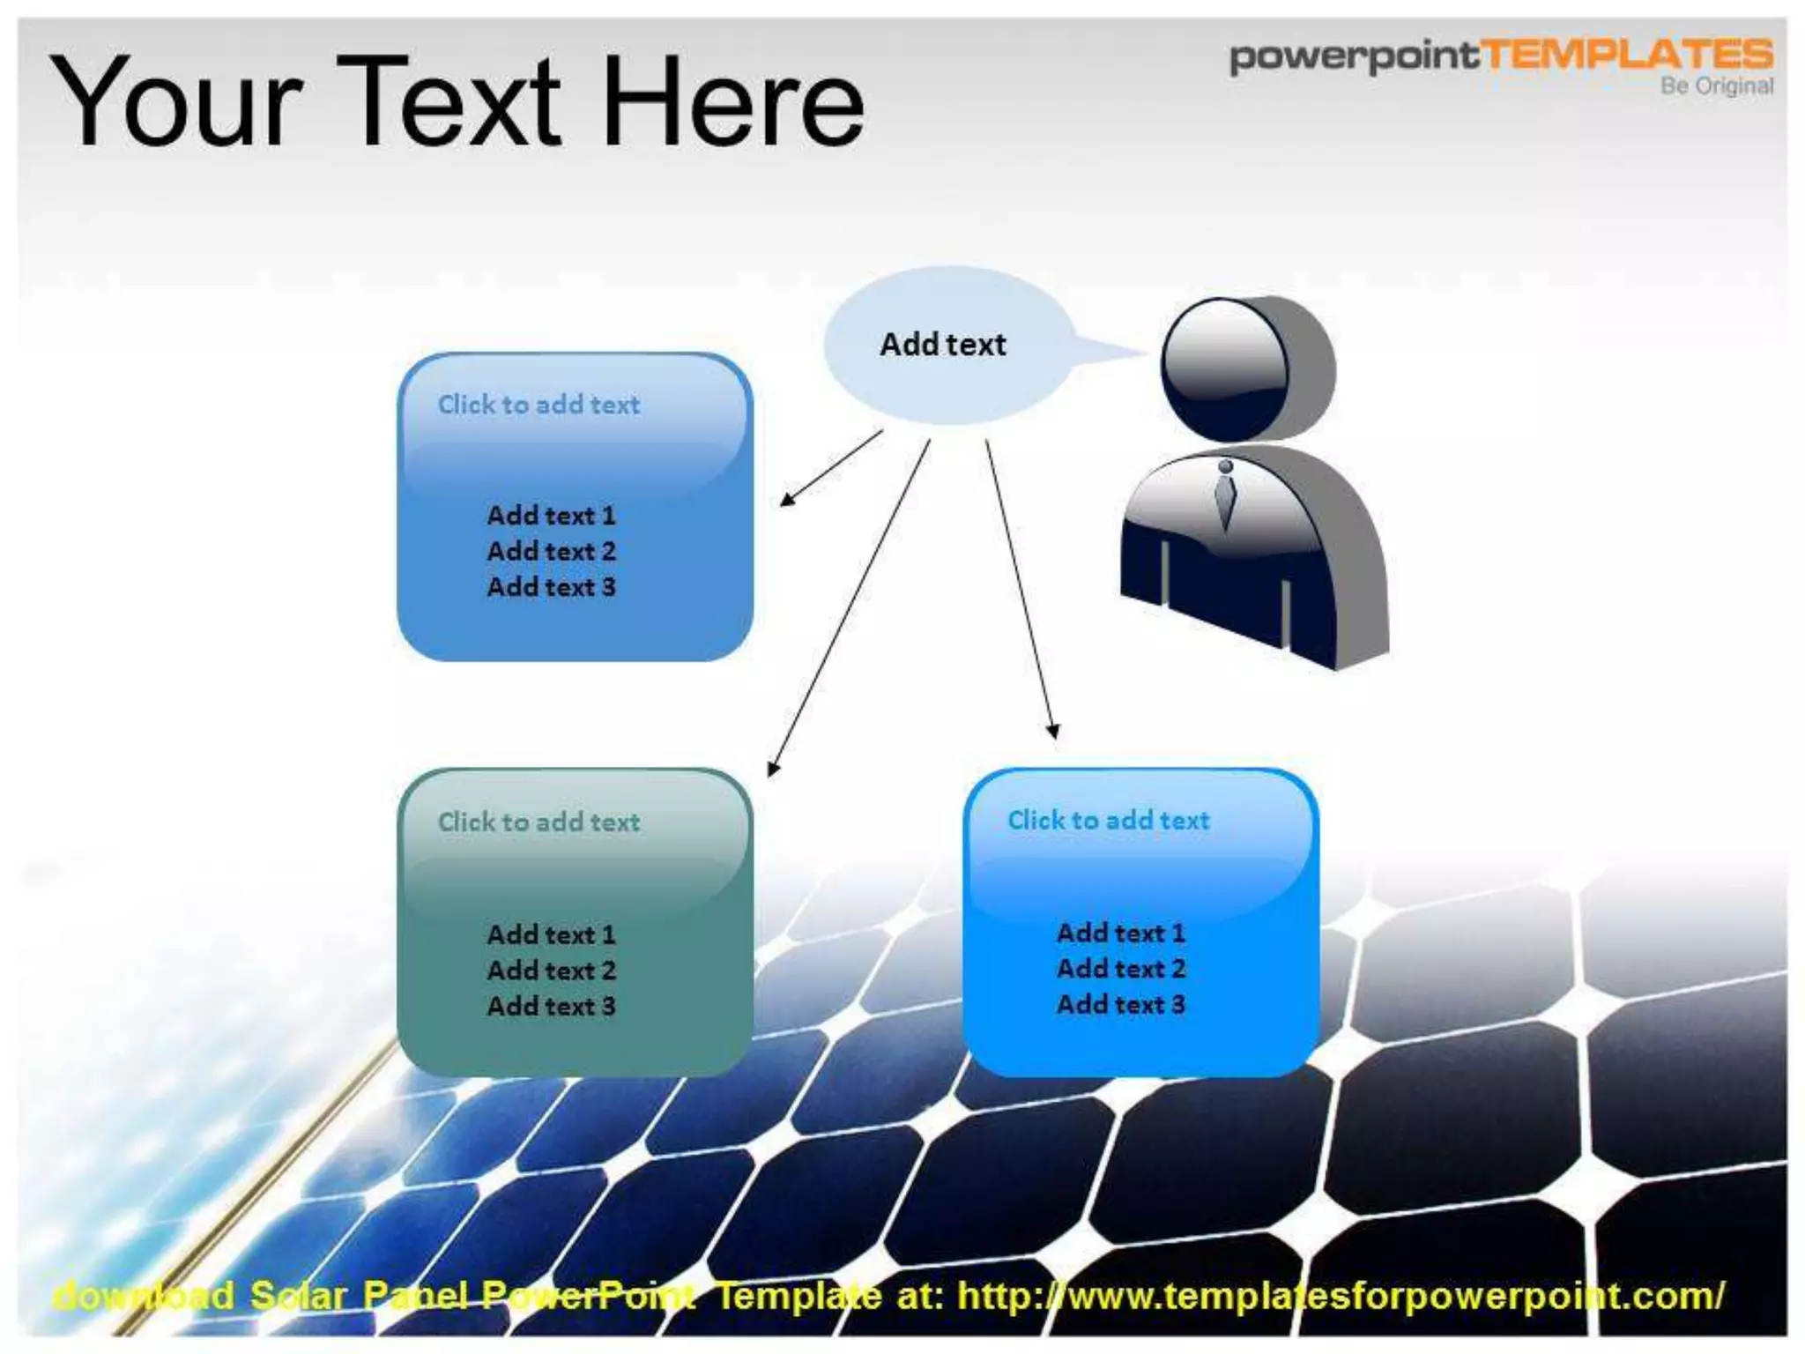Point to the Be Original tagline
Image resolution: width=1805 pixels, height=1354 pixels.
pyautogui.click(x=1716, y=86)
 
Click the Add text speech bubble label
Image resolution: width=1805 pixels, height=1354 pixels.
pyautogui.click(x=942, y=345)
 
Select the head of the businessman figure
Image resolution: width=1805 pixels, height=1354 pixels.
pyautogui.click(x=1225, y=368)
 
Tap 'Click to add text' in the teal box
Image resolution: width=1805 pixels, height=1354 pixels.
pyautogui.click(x=539, y=822)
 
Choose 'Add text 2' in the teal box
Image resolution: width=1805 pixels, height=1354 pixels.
pyautogui.click(x=551, y=971)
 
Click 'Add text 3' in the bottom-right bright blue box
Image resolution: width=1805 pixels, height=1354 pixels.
pyautogui.click(x=1120, y=1004)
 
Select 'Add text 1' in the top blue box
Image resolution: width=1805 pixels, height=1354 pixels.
pyautogui.click(x=551, y=516)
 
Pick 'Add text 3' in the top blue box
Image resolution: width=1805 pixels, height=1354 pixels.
pyautogui.click(x=551, y=587)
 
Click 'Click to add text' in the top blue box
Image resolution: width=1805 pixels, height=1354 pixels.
pyautogui.click(x=539, y=405)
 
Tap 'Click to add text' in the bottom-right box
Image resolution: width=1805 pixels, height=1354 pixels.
pyautogui.click(x=1108, y=821)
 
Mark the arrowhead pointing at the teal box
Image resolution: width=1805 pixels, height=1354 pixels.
pyautogui.click(x=773, y=769)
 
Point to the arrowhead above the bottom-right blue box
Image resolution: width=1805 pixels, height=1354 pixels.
pyautogui.click(x=1052, y=731)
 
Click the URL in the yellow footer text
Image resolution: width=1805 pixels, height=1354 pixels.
pyautogui.click(x=1340, y=1296)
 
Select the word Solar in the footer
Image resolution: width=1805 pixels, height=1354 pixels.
pyautogui.click(x=298, y=1296)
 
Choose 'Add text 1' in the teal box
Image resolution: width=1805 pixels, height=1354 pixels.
pyautogui.click(x=551, y=934)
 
